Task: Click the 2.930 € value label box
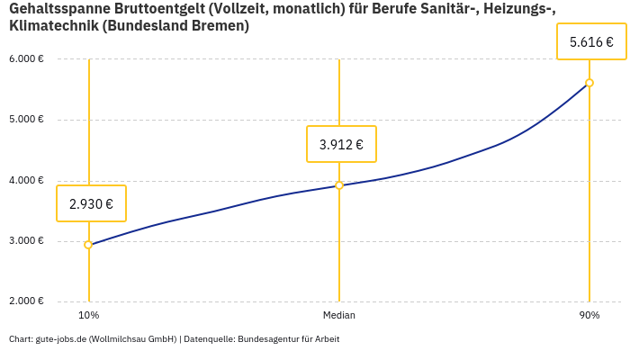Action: point(91,203)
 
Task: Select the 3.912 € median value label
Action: point(341,144)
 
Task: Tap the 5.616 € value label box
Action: point(591,41)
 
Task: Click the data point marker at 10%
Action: point(88,245)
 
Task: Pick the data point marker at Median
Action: point(339,185)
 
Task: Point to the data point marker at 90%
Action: point(589,83)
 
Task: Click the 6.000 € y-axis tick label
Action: point(27,59)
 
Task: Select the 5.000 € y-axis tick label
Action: point(27,120)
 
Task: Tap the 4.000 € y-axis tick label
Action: point(27,181)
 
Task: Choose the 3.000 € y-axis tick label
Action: point(27,241)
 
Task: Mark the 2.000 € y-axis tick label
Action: point(27,301)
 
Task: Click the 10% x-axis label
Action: point(88,316)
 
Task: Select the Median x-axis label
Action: point(339,316)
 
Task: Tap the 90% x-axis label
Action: point(589,316)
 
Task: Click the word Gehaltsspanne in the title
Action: point(53,9)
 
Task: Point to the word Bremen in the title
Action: point(218,26)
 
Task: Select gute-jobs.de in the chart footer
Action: point(60,339)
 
